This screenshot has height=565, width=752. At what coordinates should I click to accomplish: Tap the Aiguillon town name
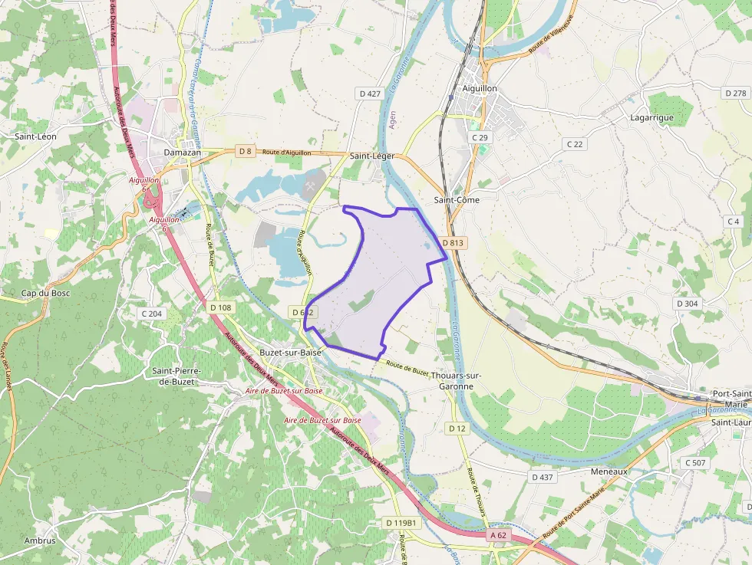pyautogui.click(x=480, y=89)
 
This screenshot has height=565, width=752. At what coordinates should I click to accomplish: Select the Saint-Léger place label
pyautogui.click(x=372, y=156)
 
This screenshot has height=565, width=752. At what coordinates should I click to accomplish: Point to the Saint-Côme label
pyautogui.click(x=457, y=200)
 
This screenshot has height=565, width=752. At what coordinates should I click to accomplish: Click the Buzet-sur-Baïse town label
pyautogui.click(x=291, y=353)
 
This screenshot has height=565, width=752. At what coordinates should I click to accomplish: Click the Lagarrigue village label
pyautogui.click(x=651, y=117)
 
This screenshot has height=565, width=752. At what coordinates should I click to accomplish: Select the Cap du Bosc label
pyautogui.click(x=40, y=294)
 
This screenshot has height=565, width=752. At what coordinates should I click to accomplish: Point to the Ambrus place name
pyautogui.click(x=39, y=540)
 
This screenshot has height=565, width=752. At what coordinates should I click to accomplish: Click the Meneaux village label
pyautogui.click(x=609, y=471)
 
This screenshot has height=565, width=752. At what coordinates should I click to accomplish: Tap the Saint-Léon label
pyautogui.click(x=36, y=136)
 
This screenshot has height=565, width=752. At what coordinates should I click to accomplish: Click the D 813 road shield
pyautogui.click(x=454, y=243)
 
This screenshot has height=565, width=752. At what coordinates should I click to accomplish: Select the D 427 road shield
pyautogui.click(x=369, y=94)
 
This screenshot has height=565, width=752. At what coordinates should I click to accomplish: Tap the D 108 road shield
pyautogui.click(x=220, y=307)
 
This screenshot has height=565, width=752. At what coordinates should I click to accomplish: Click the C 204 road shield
pyautogui.click(x=151, y=314)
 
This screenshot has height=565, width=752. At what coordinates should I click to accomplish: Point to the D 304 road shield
pyautogui.click(x=687, y=304)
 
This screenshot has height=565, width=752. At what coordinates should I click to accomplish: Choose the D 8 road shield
pyautogui.click(x=245, y=151)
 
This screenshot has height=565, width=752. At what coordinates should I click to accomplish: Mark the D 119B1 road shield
pyautogui.click(x=401, y=523)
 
